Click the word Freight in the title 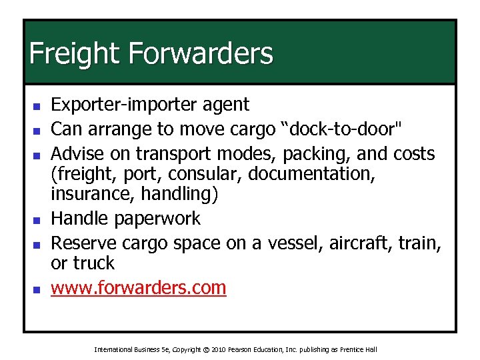72,53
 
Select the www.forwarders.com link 139,288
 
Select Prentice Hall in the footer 358,349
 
